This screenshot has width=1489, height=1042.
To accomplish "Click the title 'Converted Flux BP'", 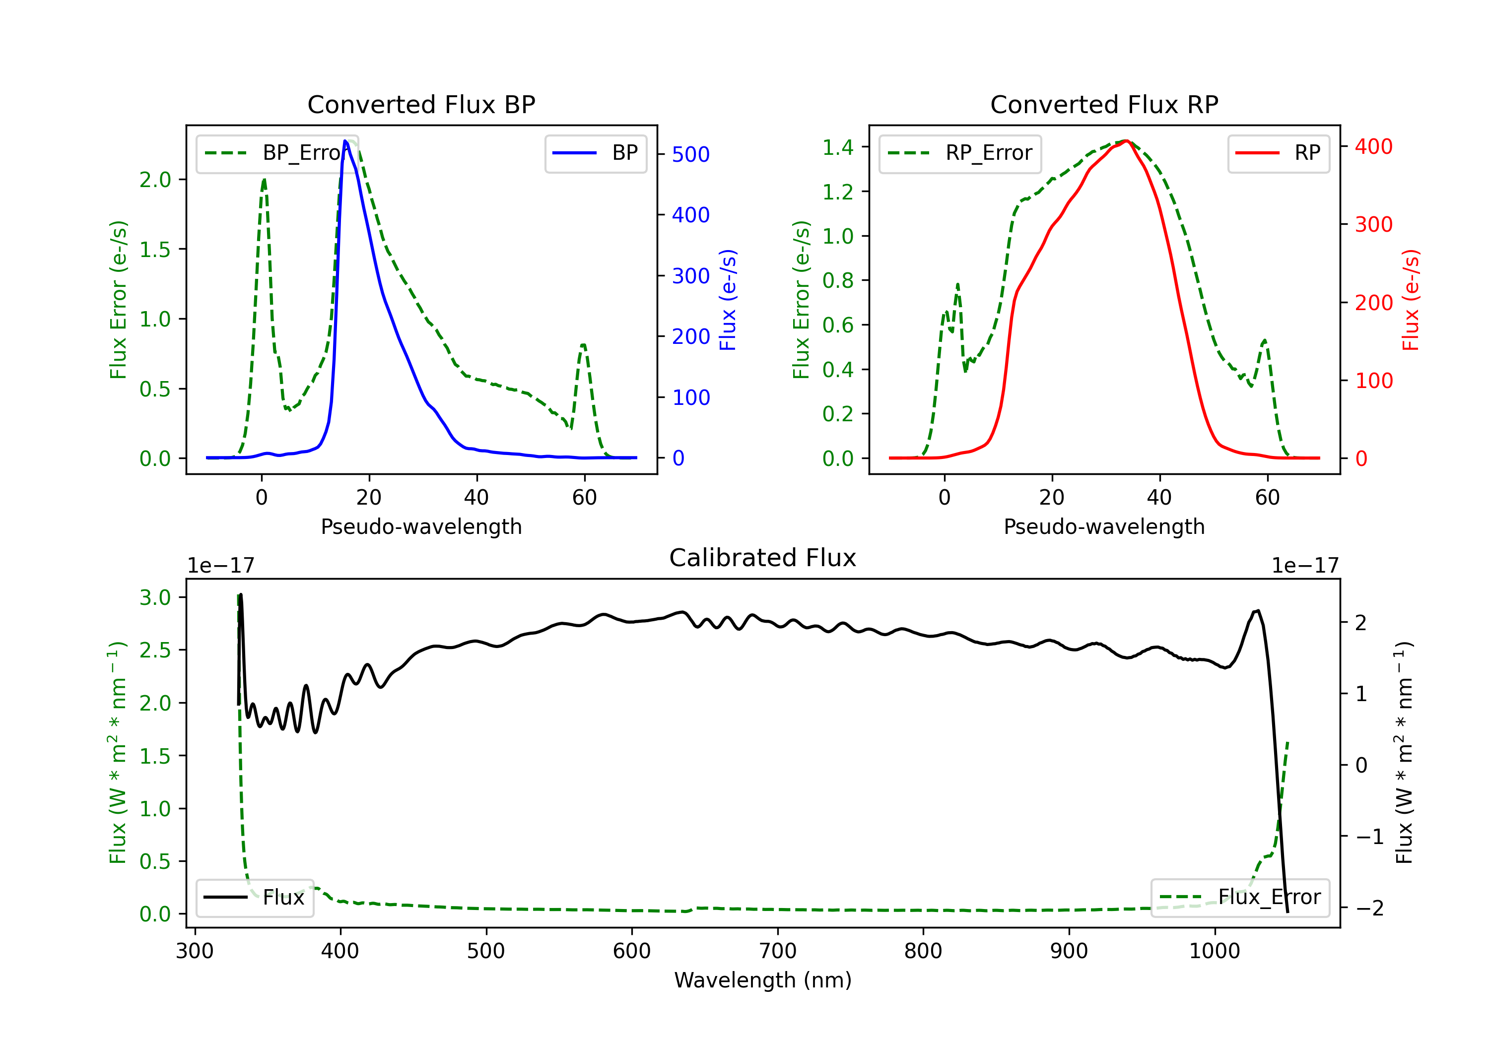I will [421, 104].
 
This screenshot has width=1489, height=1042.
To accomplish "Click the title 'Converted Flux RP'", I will [1104, 104].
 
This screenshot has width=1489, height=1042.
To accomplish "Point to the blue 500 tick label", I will [691, 154].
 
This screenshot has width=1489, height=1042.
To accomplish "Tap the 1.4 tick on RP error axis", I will [837, 147].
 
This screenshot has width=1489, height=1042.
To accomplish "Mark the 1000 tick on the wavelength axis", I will [1214, 951].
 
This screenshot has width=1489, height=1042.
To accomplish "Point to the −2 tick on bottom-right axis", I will [1370, 908].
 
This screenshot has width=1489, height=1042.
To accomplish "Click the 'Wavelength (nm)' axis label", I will [763, 980].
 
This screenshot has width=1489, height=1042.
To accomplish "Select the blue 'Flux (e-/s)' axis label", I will [728, 300].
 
